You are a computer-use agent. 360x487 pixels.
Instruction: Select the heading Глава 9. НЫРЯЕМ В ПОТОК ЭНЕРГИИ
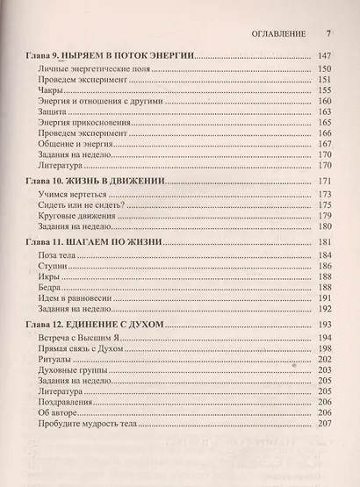(x=112, y=54)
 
